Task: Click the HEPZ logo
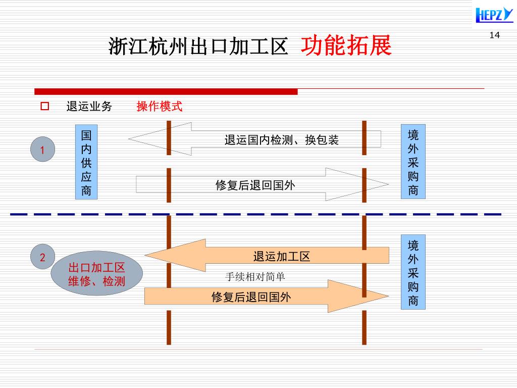(x=494, y=14)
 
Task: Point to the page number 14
(x=494, y=35)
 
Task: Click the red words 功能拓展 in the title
(x=346, y=46)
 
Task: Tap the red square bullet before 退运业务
(x=44, y=107)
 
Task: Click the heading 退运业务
(x=89, y=107)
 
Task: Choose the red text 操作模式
(x=159, y=107)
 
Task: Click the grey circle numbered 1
(x=43, y=150)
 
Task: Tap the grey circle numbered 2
(x=43, y=257)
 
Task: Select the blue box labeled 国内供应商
(x=86, y=162)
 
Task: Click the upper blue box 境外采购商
(x=413, y=162)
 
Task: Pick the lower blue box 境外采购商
(x=413, y=272)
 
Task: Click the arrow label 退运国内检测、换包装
(x=281, y=140)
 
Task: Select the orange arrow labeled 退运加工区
(x=281, y=256)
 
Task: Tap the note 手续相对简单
(x=255, y=277)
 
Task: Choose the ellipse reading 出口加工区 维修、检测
(x=97, y=273)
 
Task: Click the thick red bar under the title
(x=166, y=91)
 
